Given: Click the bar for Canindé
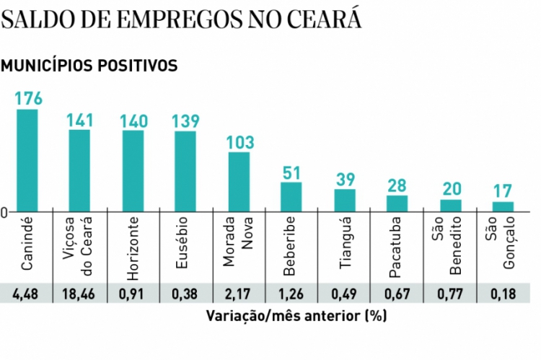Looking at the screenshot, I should click(x=27, y=160).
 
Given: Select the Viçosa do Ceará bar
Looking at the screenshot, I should click(x=79, y=171).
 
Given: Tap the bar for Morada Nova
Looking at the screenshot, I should click(x=239, y=182).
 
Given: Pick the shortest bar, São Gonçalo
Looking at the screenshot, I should click(x=503, y=206).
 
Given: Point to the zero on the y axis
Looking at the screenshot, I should click(x=4, y=213).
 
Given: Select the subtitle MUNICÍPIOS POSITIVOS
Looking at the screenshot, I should click(x=89, y=66).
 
